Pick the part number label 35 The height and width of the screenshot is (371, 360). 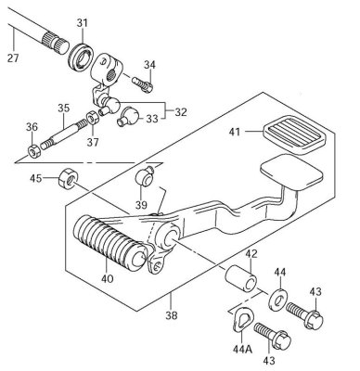[x=63, y=108]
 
